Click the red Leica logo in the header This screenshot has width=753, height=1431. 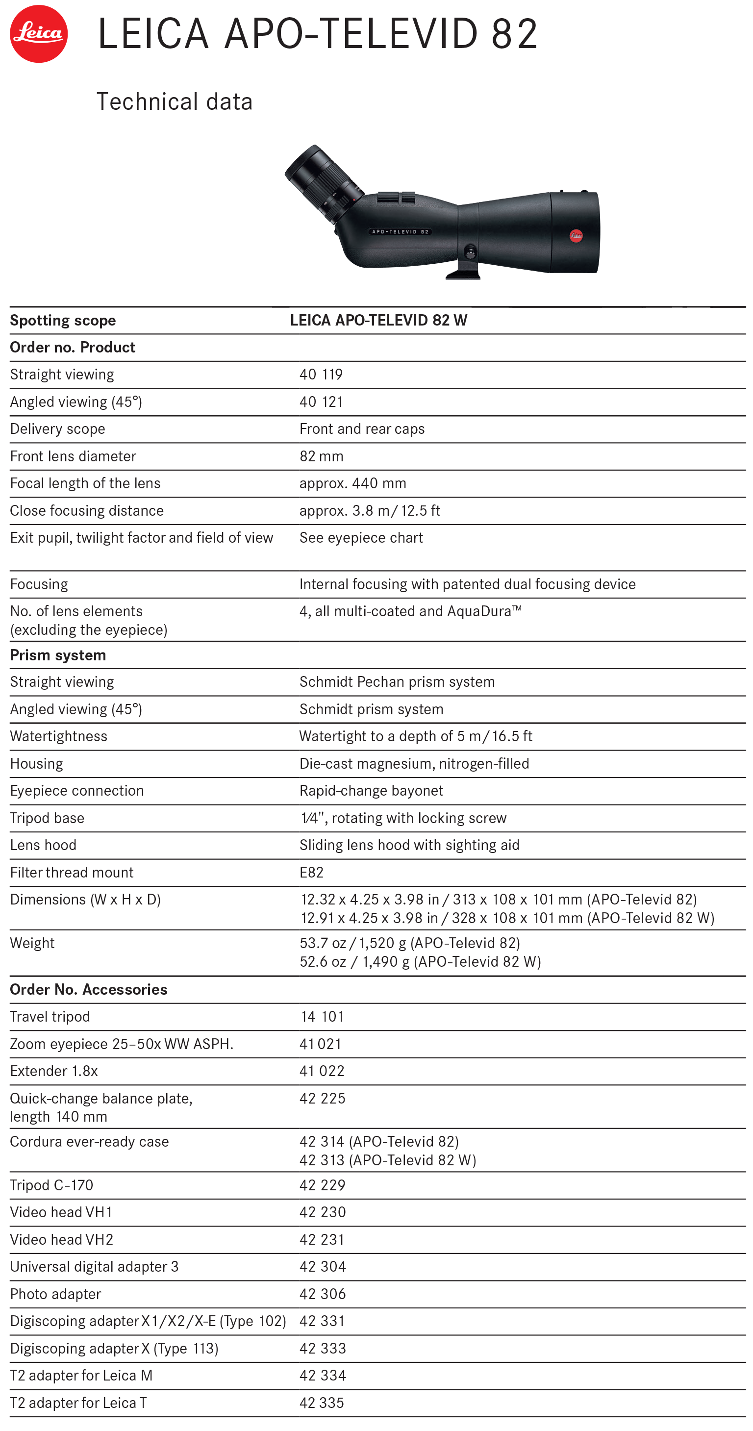38,33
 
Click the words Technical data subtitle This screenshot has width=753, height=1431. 175,101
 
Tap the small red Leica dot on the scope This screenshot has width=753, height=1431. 576,235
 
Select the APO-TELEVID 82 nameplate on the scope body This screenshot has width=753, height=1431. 400,232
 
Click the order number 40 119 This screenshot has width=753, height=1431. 321,375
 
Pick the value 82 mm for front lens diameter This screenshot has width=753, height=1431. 322,456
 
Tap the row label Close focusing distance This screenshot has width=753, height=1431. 87,511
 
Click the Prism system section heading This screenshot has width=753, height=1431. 58,655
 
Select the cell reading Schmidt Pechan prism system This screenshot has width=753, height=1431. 397,682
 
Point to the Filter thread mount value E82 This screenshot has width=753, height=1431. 311,873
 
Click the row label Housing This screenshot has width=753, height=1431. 37,764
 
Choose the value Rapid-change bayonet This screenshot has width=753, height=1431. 371,791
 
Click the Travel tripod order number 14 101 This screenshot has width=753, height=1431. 322,1017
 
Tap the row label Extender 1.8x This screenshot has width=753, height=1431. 54,1072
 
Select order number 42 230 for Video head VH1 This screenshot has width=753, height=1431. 323,1213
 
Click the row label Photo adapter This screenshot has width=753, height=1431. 55,1294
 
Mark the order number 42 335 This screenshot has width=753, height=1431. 322,1403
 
